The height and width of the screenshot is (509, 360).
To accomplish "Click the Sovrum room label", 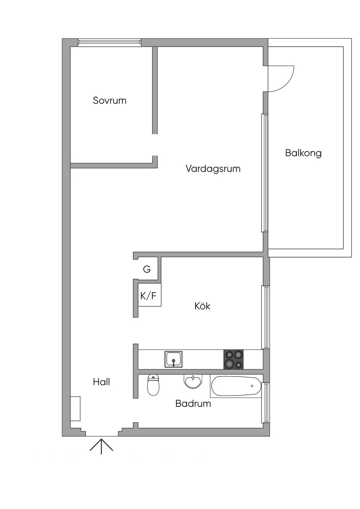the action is coord(110,100).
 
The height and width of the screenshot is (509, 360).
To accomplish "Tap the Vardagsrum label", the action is coord(213,169).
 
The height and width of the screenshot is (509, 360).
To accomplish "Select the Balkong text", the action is coord(303,153).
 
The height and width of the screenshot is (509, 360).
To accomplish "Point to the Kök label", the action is coord(202,306).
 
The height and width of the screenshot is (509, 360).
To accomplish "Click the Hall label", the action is coord(102,382).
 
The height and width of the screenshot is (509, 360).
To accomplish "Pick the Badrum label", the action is coord(193,403).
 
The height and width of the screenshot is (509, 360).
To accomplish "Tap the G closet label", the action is coord(147,269).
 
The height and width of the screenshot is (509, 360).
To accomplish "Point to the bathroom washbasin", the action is coord(193,381).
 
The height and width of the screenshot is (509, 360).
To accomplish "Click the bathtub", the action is coord(236,386).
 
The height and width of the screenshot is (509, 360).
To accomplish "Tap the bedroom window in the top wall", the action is coord(109,43).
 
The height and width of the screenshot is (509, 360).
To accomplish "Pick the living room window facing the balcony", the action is coord(264,173).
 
